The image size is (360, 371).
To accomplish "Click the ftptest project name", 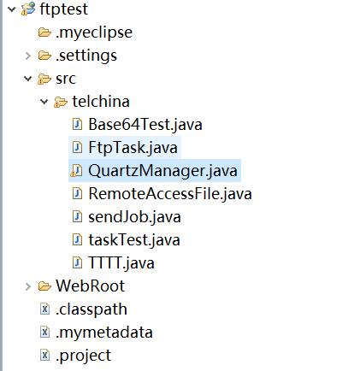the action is pos(63,9).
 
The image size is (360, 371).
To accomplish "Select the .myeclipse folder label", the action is pos(94,32).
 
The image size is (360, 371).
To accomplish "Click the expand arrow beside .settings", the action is pos(28,56).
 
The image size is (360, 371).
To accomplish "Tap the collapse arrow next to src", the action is pos(28,79).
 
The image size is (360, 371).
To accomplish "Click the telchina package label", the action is pos(101,102).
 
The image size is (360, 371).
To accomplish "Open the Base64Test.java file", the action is pos(145,125).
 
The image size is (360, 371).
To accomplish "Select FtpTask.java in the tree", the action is pos(133,148).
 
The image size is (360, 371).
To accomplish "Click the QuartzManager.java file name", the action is pos(162,171).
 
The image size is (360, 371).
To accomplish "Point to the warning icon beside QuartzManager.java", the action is pos(76,171).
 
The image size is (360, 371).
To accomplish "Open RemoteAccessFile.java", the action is pos(170,194).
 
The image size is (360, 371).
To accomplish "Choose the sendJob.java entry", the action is pos(134,217).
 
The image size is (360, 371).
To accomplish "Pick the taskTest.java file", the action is pos(134,240).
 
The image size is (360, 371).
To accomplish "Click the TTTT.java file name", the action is pos(121,263).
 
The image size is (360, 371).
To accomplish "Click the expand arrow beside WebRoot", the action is pos(28,286).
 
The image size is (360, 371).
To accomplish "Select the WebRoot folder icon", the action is pos(44,286).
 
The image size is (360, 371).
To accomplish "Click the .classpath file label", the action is pos(91,309).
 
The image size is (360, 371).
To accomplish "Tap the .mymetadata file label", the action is pos(104,333).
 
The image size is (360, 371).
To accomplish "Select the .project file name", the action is pos(83,356).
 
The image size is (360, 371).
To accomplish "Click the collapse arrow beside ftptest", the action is pos(12,9).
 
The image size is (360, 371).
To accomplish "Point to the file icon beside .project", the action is pos(44,355).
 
